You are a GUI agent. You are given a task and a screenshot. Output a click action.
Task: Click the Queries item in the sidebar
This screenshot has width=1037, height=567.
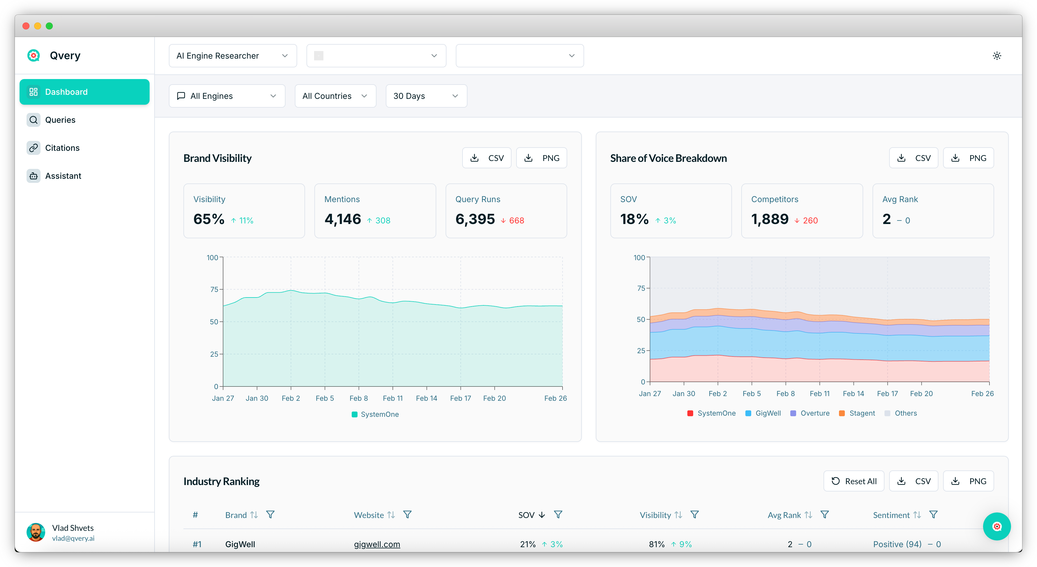pos(60,120)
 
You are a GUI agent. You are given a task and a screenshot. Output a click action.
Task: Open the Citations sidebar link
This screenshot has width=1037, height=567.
pos(62,148)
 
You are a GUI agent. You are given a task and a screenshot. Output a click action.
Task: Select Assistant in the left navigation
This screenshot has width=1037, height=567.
pos(63,176)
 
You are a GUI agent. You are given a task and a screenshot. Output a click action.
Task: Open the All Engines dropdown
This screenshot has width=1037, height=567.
pos(227,96)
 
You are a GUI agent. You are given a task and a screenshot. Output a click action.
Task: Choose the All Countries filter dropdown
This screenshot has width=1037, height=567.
pos(335,96)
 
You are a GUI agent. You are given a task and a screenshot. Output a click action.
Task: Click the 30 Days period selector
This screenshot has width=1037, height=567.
pos(426,96)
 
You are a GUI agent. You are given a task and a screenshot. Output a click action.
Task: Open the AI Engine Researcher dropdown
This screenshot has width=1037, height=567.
pos(232,56)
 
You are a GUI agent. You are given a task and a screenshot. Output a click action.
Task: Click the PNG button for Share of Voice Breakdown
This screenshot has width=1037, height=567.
pos(968,158)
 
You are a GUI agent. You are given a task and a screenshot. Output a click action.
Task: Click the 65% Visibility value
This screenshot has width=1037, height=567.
pos(209,219)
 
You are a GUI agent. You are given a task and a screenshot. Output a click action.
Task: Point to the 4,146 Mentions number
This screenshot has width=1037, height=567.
pos(343,219)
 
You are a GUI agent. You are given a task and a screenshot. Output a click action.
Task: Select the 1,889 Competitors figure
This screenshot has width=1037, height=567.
pos(770,219)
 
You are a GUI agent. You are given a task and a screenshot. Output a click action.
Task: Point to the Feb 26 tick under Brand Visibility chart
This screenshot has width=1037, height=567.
pos(555,398)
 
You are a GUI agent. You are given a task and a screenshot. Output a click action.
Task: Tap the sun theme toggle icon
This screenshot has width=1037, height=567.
pos(997,56)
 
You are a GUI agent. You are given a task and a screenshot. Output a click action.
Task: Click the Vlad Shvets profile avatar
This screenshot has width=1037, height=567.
pos(36,532)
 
